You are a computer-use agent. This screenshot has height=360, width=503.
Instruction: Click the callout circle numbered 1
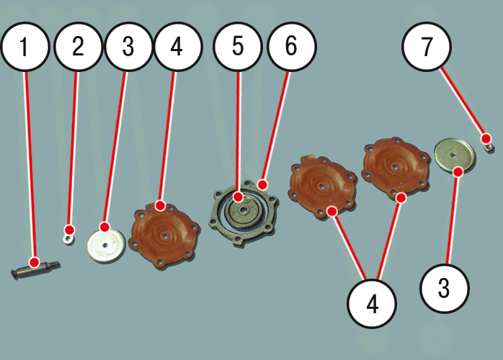tap(25, 47)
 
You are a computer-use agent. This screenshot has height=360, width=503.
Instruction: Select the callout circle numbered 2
tap(78, 47)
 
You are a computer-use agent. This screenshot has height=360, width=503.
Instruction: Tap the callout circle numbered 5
tap(237, 47)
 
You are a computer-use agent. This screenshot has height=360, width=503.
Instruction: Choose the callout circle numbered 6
tap(292, 47)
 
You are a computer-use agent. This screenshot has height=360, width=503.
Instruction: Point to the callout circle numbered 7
tap(427, 47)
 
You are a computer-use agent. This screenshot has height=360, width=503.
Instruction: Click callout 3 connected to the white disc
tap(128, 47)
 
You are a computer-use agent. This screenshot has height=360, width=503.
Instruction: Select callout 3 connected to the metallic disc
tap(445, 289)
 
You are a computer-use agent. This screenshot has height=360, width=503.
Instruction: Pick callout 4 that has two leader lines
tap(371, 304)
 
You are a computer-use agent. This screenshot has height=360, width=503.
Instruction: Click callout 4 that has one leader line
tap(178, 47)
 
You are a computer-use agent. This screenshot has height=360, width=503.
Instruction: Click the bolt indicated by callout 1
tap(35, 269)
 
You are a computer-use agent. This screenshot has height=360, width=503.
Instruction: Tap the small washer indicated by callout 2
tap(68, 239)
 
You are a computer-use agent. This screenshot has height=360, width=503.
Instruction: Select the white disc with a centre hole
tap(106, 246)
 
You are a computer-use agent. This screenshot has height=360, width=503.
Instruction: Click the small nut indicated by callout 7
tap(489, 148)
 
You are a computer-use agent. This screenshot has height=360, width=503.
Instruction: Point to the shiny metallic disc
tap(455, 156)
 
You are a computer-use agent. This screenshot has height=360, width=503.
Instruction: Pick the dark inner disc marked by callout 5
tap(244, 211)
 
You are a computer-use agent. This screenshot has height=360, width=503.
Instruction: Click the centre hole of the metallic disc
tap(453, 155)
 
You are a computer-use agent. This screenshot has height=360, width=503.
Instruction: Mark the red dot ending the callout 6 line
tap(262, 185)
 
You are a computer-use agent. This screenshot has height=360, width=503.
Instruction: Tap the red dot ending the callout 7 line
tap(486, 138)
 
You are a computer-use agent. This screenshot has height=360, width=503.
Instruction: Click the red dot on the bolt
tap(34, 263)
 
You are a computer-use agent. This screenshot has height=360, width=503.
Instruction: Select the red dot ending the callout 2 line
tap(69, 230)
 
